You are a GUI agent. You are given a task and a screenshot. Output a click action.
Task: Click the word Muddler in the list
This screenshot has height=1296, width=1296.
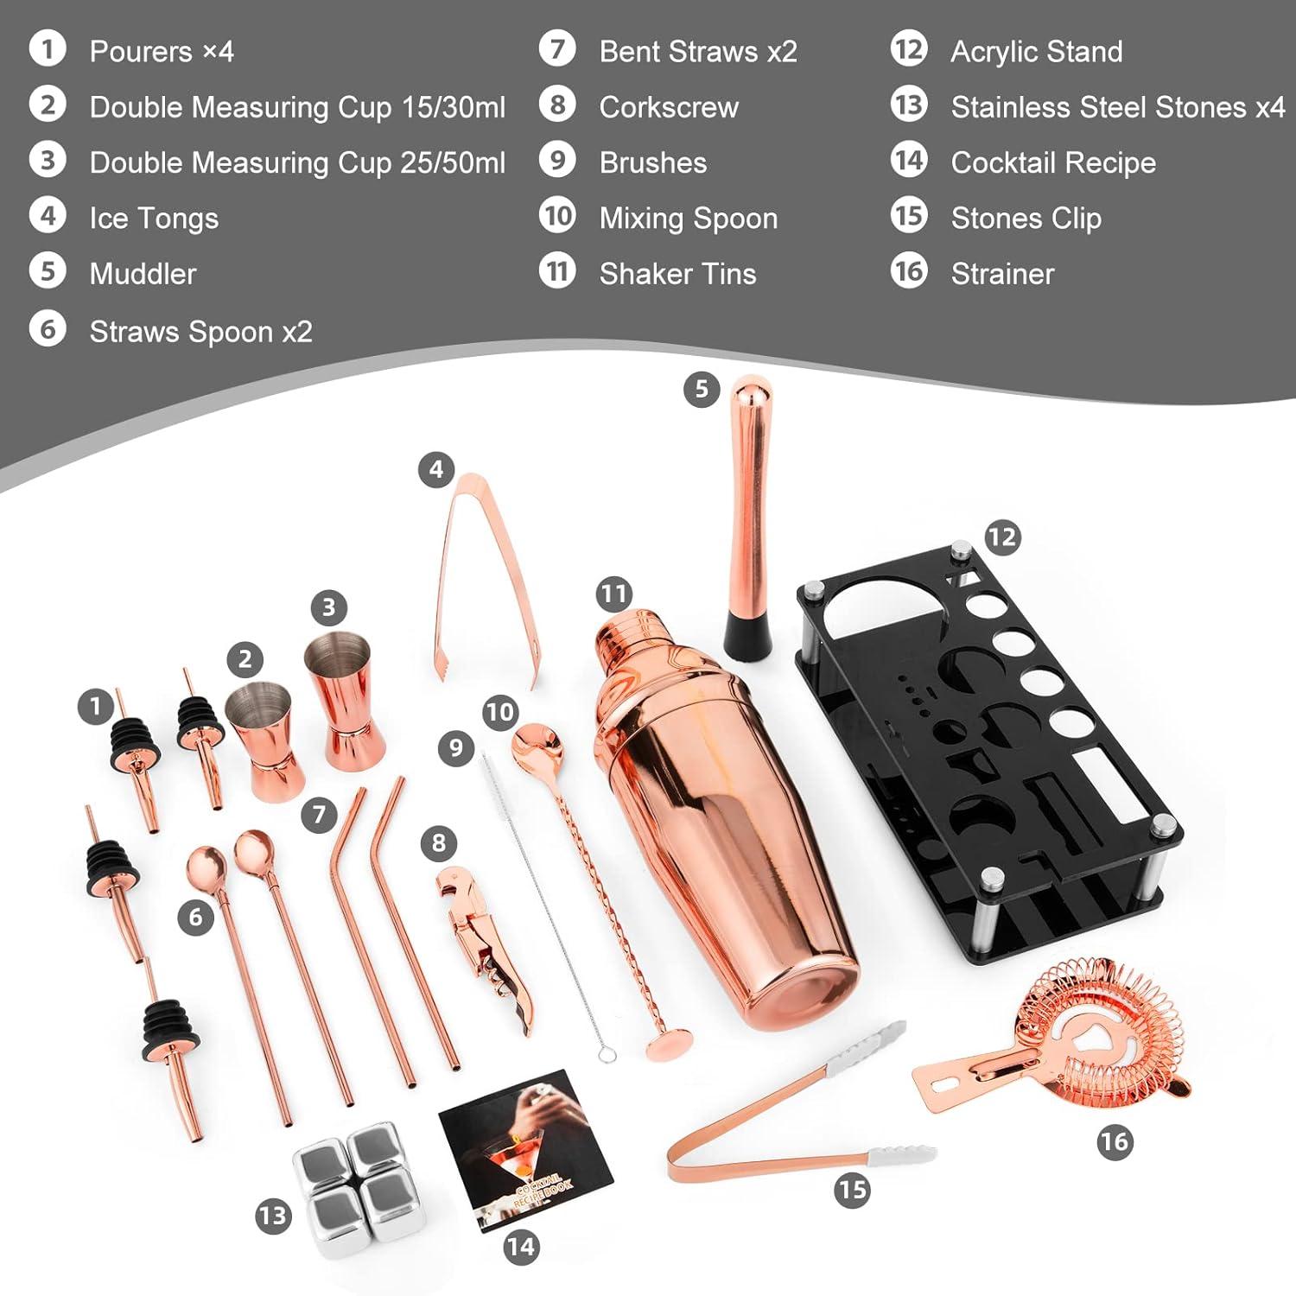(143, 274)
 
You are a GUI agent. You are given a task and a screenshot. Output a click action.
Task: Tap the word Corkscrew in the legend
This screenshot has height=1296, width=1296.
(669, 107)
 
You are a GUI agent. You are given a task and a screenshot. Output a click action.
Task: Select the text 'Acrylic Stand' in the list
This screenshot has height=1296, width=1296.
(1036, 52)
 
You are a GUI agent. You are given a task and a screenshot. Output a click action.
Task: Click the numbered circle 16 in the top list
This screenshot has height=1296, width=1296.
(909, 272)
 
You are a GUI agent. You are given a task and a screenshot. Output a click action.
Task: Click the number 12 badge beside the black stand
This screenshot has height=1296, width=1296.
(1002, 537)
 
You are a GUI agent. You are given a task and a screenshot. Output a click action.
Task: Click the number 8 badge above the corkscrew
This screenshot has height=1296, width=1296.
(439, 842)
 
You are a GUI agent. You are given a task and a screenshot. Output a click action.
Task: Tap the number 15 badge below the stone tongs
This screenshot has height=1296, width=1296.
(852, 1191)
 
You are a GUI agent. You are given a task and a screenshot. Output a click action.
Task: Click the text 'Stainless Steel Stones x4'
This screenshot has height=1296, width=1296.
(1117, 107)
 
